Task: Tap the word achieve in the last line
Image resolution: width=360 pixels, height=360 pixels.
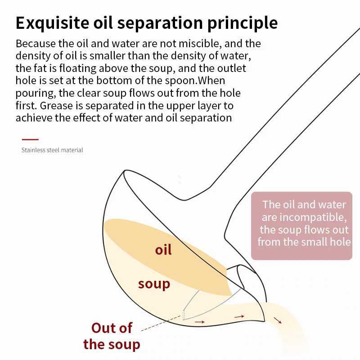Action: click(x=33, y=118)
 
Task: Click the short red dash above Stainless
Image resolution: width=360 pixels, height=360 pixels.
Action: click(x=30, y=140)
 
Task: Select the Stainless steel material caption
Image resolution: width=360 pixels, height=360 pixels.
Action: click(x=52, y=150)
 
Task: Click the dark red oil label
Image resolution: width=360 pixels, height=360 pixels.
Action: click(x=163, y=250)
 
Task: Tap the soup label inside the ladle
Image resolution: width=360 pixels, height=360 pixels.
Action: click(x=154, y=284)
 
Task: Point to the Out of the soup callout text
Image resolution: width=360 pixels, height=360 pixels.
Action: click(x=112, y=336)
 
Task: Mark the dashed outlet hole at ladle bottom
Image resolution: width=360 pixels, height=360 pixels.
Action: click(x=184, y=314)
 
